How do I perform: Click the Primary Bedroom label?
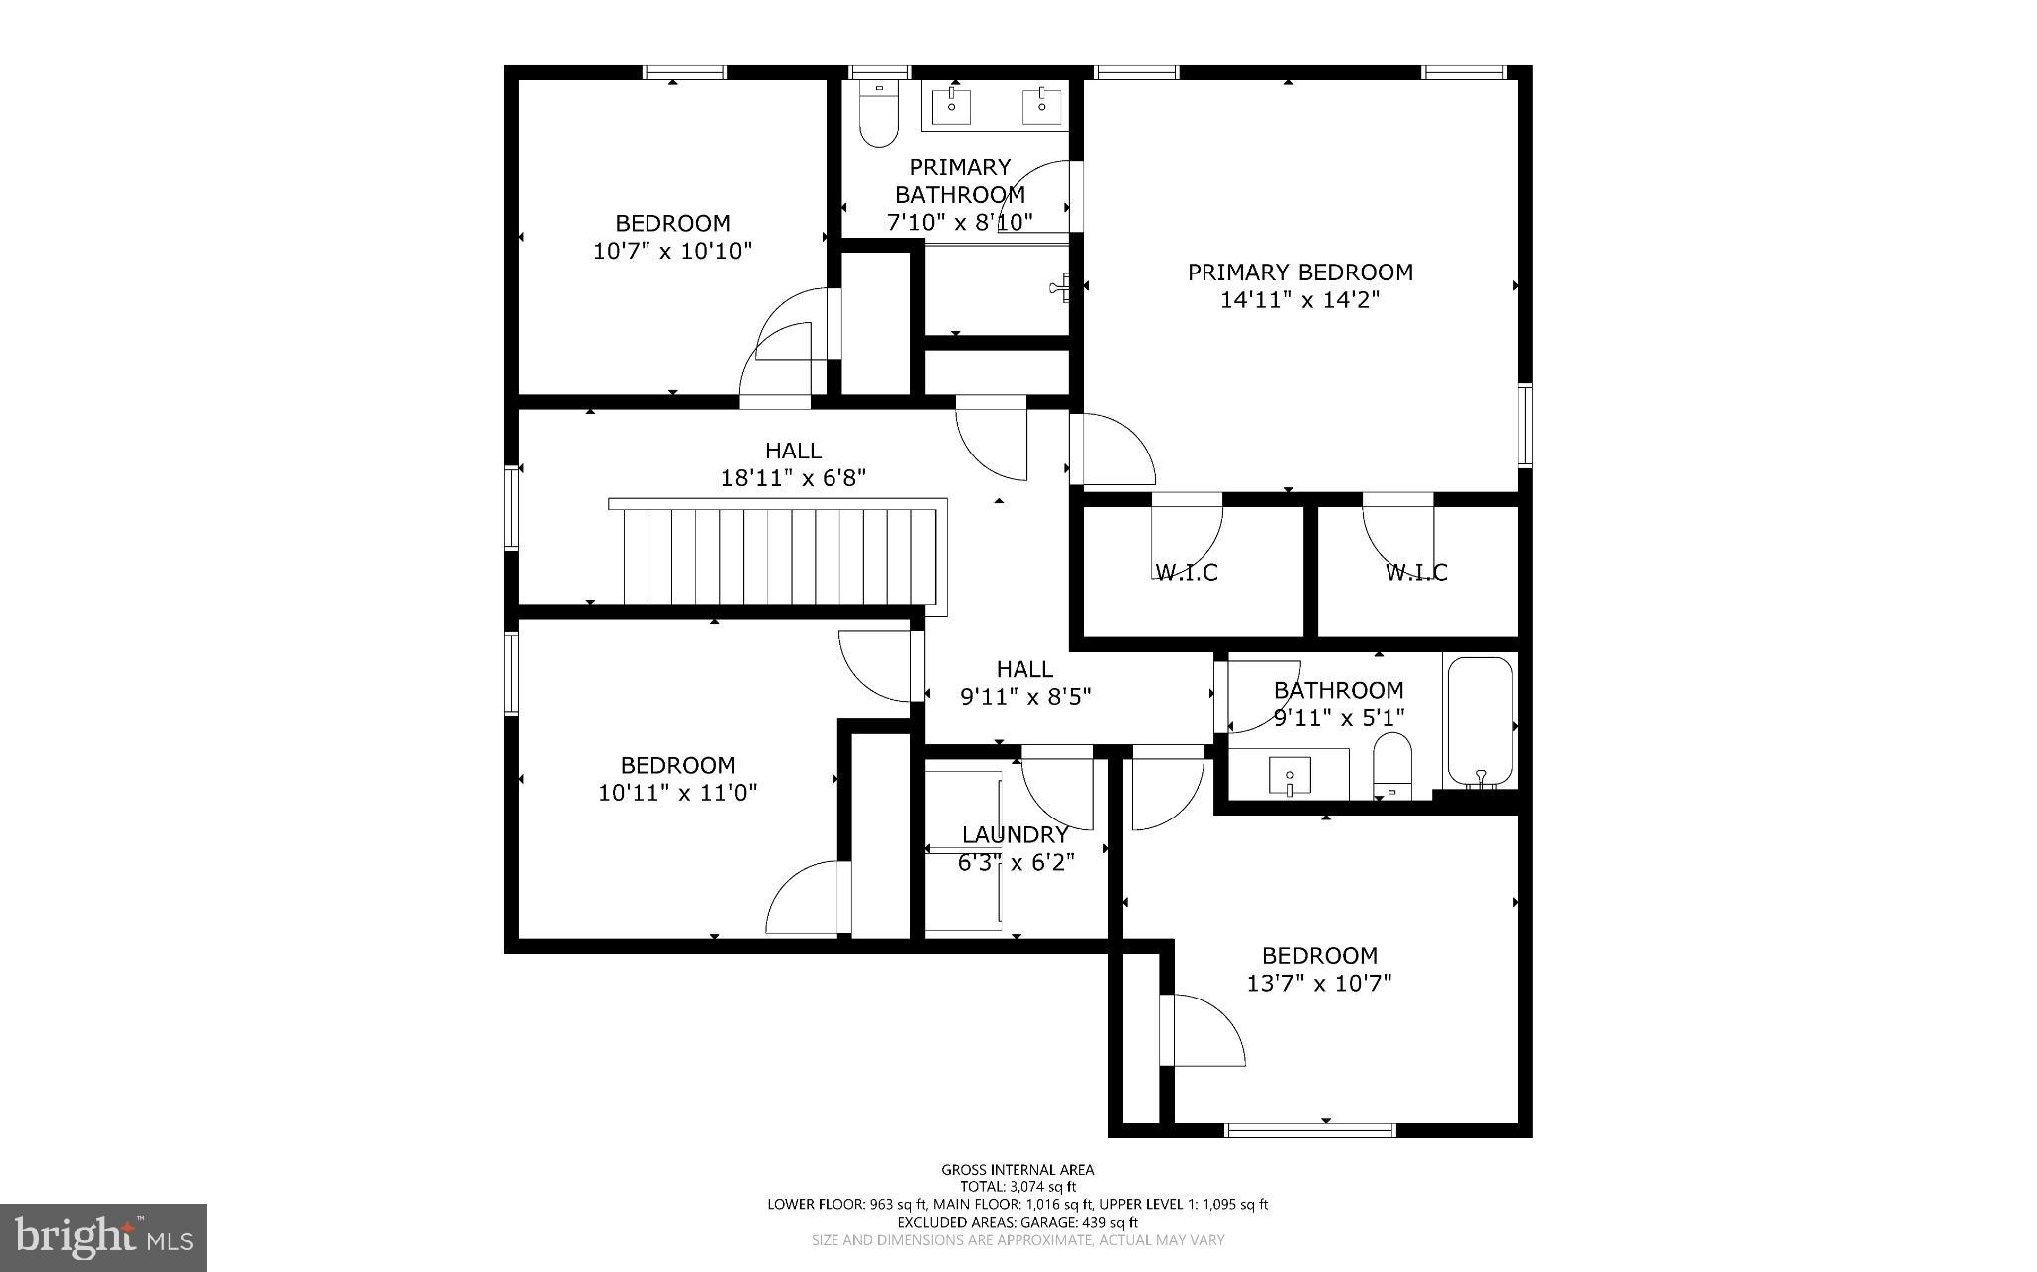tap(1299, 272)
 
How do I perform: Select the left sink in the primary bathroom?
tap(951, 103)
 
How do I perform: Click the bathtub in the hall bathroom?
tap(1480, 722)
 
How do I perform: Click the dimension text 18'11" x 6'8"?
tap(793, 478)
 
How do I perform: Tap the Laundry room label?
tap(1015, 835)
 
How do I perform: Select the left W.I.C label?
tap(1186, 573)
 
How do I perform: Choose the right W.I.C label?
tap(1416, 573)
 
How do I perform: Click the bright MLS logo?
tap(103, 1237)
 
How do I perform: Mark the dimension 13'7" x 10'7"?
tap(1319, 984)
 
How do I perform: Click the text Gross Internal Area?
tap(1018, 1170)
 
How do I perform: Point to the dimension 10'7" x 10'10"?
tap(672, 251)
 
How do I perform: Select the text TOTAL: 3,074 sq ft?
tap(1018, 1186)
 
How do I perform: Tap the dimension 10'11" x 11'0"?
tap(677, 793)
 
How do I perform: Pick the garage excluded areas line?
tap(1018, 1222)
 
